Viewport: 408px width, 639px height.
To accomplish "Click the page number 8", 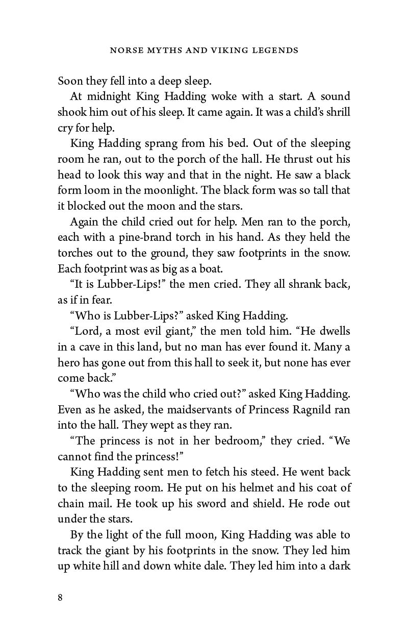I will pyautogui.click(x=60, y=598).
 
